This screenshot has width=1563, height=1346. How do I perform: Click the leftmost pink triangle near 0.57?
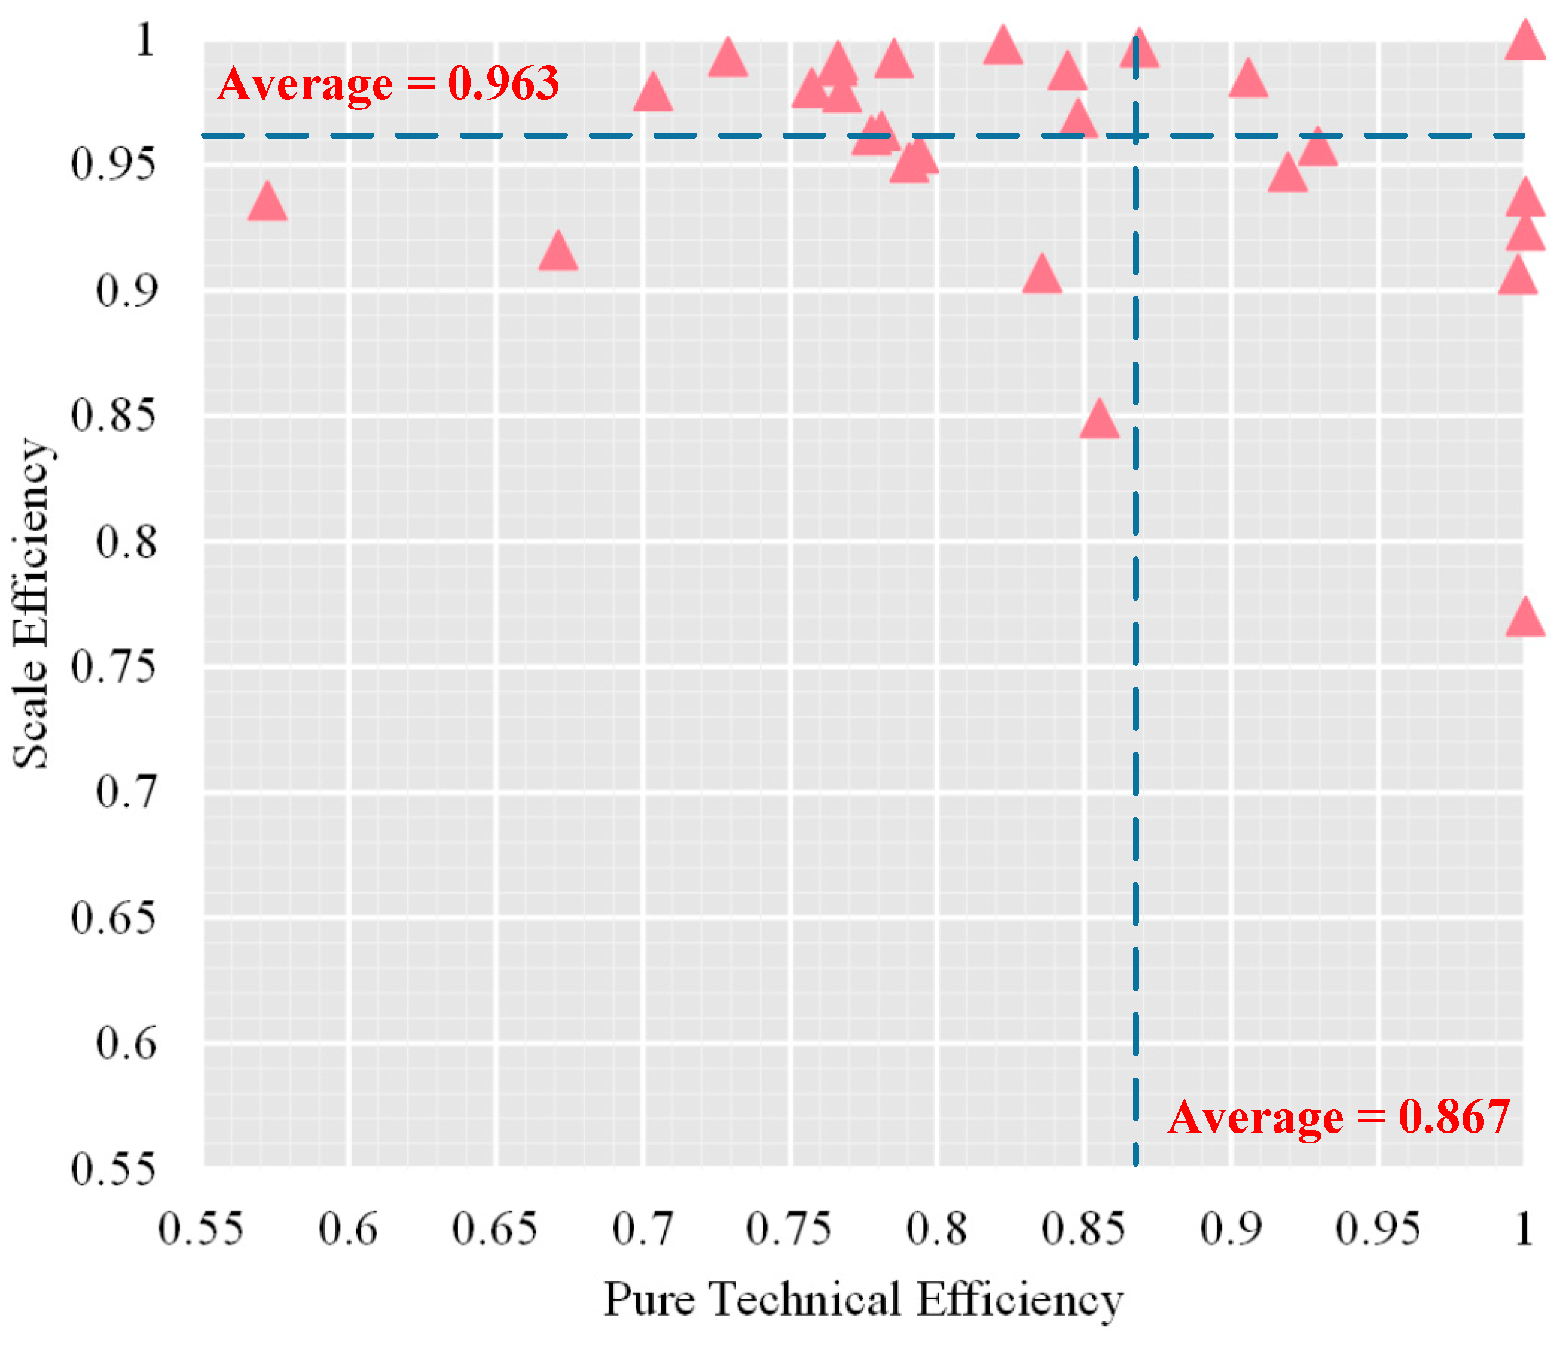click(267, 203)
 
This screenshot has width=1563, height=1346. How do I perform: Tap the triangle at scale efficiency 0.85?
click(1099, 421)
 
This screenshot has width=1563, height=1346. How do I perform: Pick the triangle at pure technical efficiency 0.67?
click(558, 253)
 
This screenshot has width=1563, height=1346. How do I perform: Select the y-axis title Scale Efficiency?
click(32, 603)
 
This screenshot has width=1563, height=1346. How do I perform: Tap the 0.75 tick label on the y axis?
click(113, 668)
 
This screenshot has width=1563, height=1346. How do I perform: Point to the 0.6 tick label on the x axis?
click(348, 1230)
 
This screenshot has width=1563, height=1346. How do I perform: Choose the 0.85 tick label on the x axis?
click(1083, 1230)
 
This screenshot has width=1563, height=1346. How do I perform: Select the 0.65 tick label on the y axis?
click(113, 919)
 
